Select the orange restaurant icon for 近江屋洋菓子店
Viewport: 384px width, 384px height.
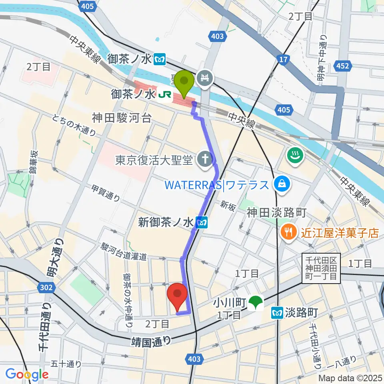[287, 232]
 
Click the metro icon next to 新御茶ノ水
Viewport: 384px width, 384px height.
[202, 222]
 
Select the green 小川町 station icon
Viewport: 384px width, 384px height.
[255, 303]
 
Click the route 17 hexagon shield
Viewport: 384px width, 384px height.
[282, 60]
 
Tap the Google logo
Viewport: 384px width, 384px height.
[27, 374]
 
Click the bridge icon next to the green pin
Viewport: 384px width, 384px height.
[206, 76]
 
